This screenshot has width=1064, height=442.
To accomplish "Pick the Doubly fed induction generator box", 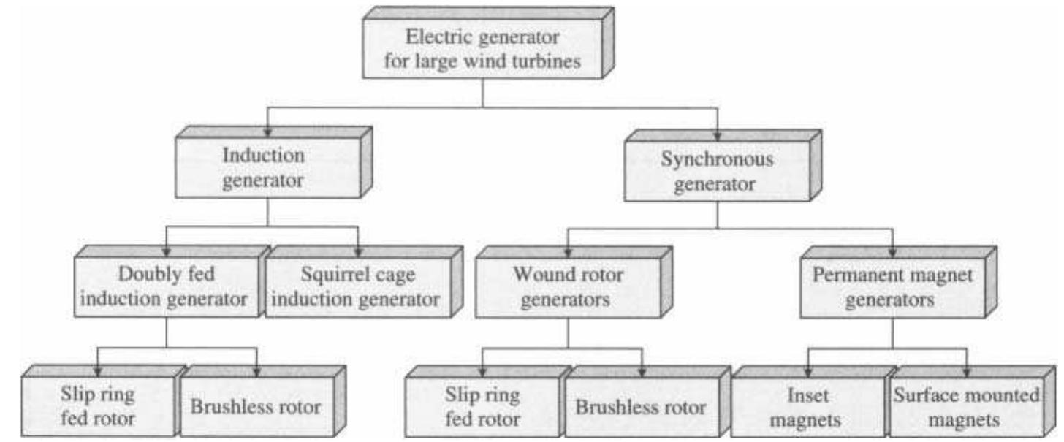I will pyautogui.click(x=167, y=287).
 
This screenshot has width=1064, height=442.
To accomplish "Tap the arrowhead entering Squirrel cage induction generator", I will pyautogui.click(x=359, y=251).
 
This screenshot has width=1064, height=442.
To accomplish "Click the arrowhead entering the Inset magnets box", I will pyautogui.click(x=807, y=371).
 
